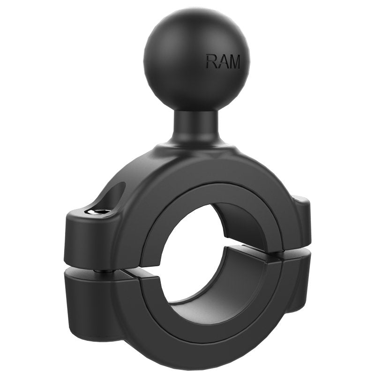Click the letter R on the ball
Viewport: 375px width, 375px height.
(x=211, y=61)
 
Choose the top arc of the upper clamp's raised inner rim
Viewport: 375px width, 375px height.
(x=206, y=187)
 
